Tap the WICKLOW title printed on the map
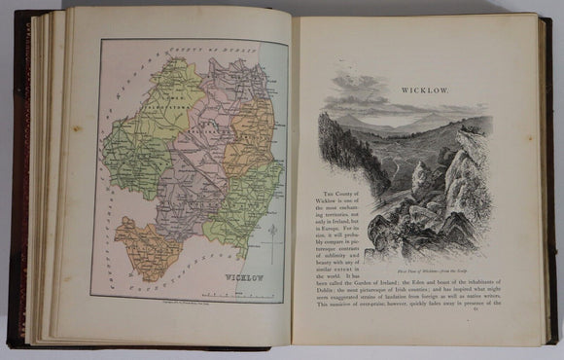[x=239, y=275]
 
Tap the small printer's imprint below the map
[x=185, y=306]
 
